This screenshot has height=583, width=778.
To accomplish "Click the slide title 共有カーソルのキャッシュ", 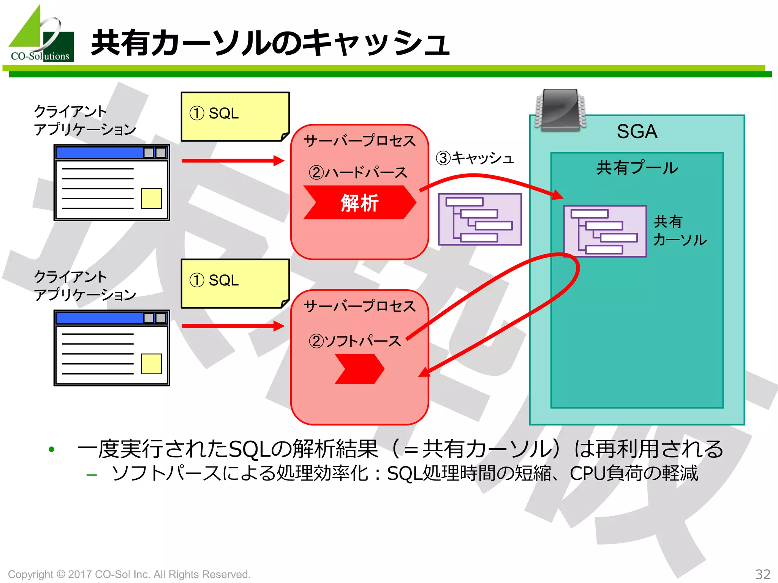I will [x=270, y=43].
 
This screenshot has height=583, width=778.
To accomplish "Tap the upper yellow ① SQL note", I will [x=235, y=116].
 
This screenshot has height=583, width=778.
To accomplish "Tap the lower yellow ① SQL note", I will [x=235, y=283].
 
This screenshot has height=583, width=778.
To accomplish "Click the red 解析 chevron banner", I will [x=359, y=202].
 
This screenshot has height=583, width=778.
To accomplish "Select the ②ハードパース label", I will [x=358, y=173].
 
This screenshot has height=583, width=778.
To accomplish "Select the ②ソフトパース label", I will [x=355, y=341].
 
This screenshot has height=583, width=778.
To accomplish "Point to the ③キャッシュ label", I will [x=475, y=158].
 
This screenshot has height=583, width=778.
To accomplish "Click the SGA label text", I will [x=637, y=132].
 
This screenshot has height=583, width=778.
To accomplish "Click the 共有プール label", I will [x=637, y=168].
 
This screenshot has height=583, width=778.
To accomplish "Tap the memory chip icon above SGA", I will [x=560, y=110].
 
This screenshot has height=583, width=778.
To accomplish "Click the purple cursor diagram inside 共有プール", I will [x=605, y=231].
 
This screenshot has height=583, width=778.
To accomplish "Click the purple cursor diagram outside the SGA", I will [x=480, y=219].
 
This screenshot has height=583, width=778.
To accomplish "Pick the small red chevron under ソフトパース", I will [x=359, y=369].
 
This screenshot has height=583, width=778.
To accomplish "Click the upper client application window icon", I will [x=111, y=183].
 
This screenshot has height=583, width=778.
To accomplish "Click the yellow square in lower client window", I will [x=151, y=364].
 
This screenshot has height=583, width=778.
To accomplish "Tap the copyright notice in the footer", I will [x=129, y=574].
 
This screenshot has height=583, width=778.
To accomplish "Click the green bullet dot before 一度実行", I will [x=52, y=449].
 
